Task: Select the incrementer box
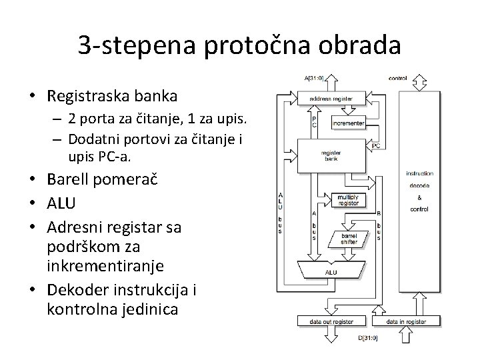(348, 123)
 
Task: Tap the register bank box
(331, 156)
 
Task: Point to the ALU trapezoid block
(331, 272)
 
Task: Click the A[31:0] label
(314, 78)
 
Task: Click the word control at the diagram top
(397, 78)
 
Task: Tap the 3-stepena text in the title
(128, 45)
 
